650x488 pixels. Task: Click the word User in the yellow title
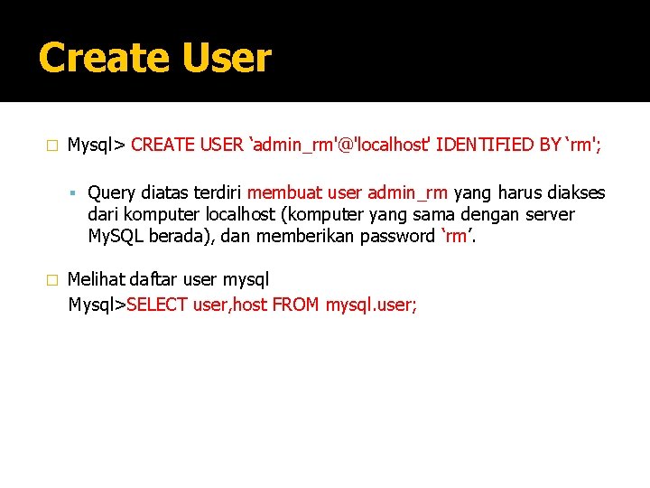226,59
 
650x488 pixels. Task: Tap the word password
402,236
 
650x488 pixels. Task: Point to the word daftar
156,280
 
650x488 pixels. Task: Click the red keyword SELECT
158,305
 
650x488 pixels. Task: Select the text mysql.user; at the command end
371,305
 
